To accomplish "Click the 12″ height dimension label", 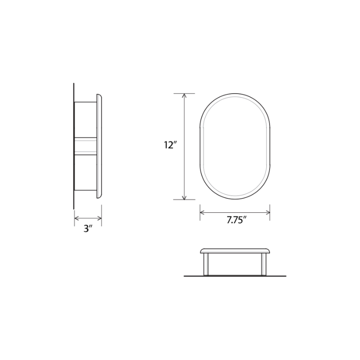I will coord(171,145).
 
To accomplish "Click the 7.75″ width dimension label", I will coord(237,220).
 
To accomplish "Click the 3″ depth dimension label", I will coord(88,229).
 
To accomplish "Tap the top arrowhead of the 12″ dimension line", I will coord(184,95).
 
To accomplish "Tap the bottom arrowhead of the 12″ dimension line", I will coord(184,197).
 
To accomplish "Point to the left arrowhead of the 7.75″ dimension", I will coord(202,212).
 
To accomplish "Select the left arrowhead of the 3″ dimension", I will coord(76,219).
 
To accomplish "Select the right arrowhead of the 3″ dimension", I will coord(99,219).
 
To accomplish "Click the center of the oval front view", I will coord(235,146).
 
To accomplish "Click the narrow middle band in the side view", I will coord(85,146).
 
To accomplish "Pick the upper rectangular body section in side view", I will coord(85,120).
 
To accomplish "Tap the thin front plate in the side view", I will coord(99,146).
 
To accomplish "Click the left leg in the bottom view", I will coord(206,264).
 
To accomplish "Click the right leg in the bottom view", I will coord(264,264).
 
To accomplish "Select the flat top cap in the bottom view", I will coord(235,250).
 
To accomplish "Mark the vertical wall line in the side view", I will coord(74,146).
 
